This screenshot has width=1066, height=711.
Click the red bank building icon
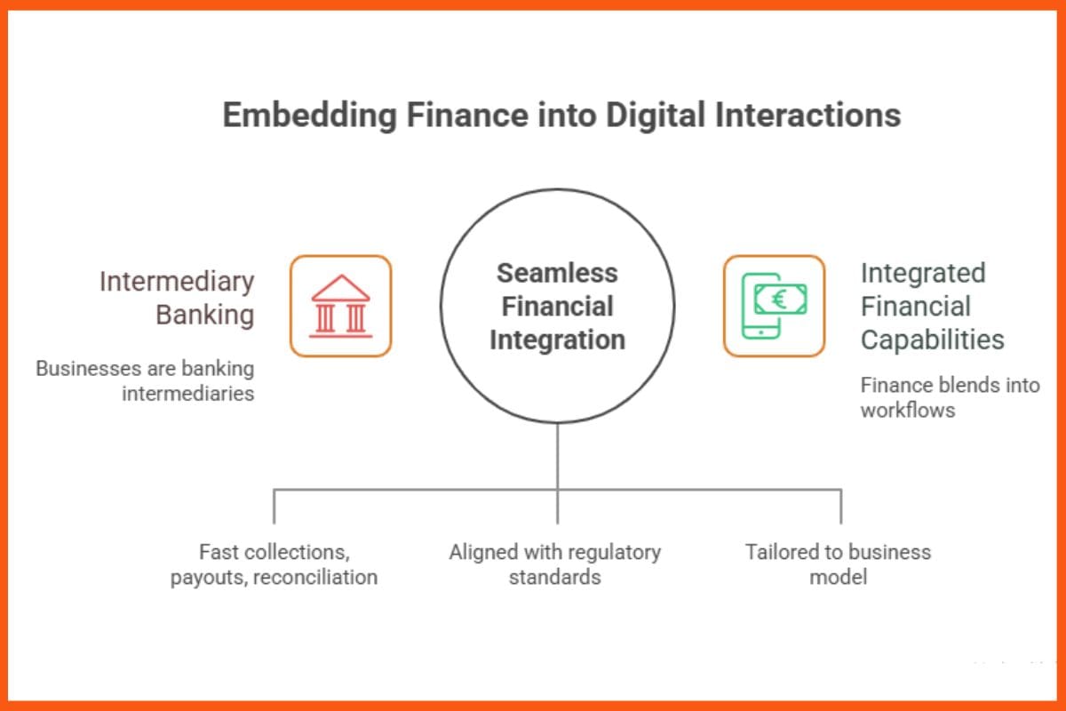click(341, 306)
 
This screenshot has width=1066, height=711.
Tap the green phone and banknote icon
click(774, 306)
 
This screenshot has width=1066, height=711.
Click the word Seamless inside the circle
click(557, 273)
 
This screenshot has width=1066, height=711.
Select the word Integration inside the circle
click(557, 340)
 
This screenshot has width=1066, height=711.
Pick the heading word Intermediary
click(177, 282)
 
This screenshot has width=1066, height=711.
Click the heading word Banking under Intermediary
click(205, 315)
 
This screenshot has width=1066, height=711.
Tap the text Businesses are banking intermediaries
click(145, 379)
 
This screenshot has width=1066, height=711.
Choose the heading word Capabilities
click(932, 340)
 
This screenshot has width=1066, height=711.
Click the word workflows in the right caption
click(907, 410)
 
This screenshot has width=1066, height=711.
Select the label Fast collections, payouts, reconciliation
click(274, 564)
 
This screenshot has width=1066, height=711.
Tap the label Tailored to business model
click(838, 564)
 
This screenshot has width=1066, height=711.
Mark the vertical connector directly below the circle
click(557, 455)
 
